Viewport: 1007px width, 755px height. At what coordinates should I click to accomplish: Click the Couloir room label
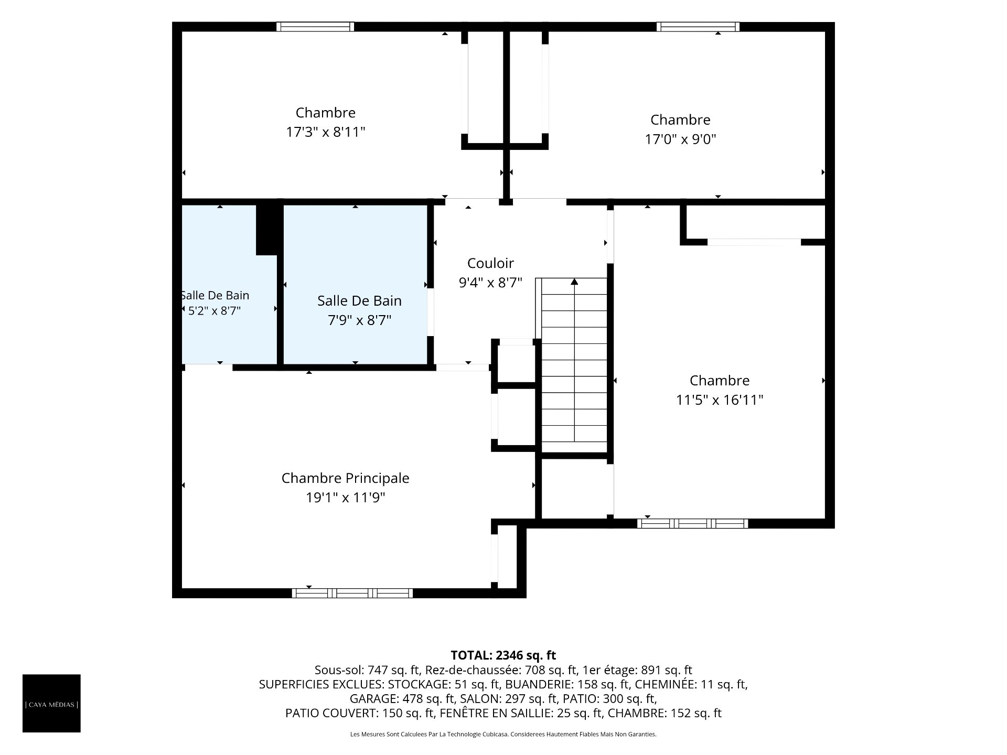click(x=490, y=263)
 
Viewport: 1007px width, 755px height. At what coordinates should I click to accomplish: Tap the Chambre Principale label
click(x=345, y=478)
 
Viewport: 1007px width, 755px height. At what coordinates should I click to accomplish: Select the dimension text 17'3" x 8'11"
click(x=325, y=132)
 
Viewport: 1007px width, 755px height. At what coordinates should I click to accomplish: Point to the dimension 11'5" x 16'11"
click(x=719, y=400)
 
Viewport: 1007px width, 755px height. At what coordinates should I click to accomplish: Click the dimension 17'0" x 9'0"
click(x=680, y=139)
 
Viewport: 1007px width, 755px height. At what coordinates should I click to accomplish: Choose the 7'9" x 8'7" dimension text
click(x=359, y=320)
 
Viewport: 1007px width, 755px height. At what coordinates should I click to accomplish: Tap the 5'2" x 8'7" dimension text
click(x=215, y=311)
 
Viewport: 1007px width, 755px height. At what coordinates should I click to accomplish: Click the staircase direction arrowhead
click(x=574, y=282)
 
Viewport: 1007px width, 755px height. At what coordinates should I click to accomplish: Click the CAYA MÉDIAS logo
click(x=51, y=703)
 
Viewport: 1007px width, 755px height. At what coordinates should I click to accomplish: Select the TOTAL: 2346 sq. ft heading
click(x=503, y=655)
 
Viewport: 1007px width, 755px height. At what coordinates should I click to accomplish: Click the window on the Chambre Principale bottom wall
click(x=352, y=593)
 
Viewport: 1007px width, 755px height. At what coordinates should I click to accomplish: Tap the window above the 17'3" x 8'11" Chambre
click(x=315, y=27)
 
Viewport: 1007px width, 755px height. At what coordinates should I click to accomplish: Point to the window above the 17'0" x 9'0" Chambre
click(x=698, y=27)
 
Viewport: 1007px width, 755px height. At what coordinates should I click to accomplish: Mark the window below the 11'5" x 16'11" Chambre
click(x=693, y=523)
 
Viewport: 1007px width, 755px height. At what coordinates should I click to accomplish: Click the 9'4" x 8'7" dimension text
click(x=490, y=283)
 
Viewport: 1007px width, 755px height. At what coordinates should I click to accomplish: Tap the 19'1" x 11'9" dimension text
click(x=345, y=498)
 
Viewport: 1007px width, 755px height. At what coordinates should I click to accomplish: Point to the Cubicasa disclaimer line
click(x=503, y=735)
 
